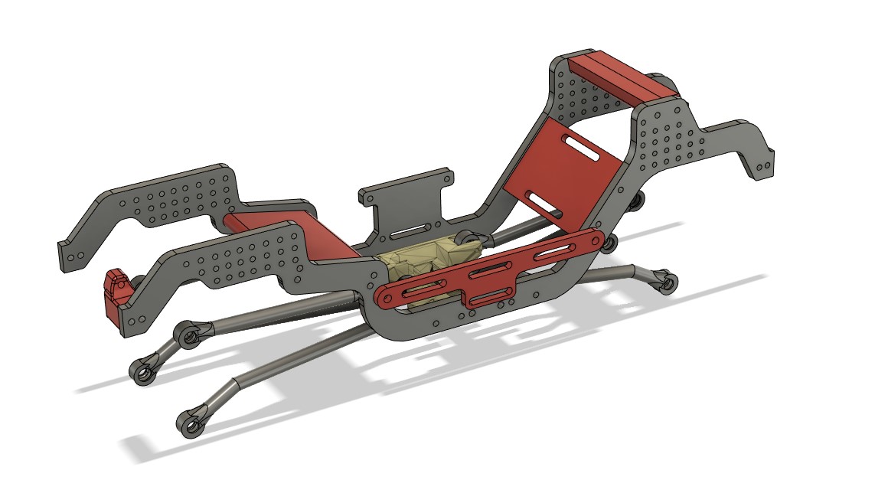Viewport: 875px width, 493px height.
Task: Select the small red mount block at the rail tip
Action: click(x=116, y=295)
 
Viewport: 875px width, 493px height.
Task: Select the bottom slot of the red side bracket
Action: click(x=487, y=296)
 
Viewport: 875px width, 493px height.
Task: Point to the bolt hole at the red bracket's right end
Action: click(x=592, y=240)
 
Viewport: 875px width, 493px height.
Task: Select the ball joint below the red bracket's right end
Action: click(x=609, y=243)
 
